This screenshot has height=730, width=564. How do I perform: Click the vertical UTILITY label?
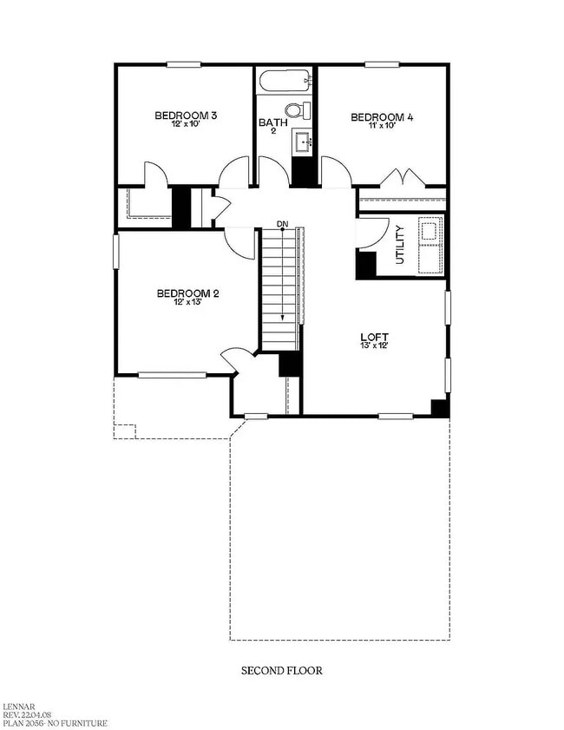[400, 245]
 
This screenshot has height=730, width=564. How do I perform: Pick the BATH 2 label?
[273, 126]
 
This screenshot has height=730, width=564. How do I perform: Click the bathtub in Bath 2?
[285, 82]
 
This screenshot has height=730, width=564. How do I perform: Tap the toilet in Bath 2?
[298, 110]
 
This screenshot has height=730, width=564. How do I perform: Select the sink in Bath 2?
[304, 141]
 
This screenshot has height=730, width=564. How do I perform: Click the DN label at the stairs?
[283, 224]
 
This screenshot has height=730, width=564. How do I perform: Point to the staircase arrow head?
[283, 318]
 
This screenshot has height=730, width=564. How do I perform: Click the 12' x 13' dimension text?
[187, 302]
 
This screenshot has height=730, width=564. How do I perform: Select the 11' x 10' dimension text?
[382, 125]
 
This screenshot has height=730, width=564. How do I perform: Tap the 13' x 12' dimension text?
[374, 345]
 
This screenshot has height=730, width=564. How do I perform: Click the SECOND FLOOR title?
[282, 670]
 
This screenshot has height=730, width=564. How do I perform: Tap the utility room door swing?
[373, 233]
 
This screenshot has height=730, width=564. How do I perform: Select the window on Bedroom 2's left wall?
[116, 252]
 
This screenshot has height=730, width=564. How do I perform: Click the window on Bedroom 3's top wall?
[184, 65]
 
